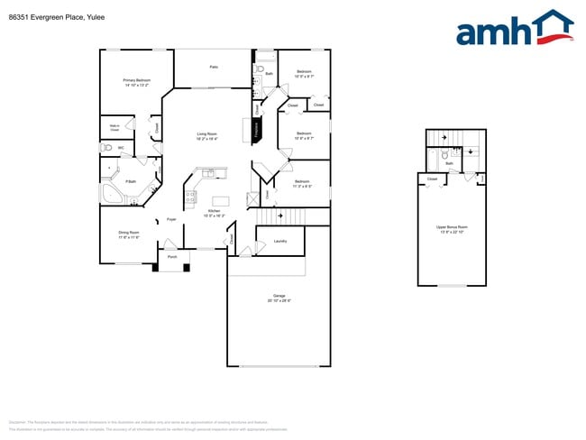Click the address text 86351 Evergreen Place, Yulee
50,14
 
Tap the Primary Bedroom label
137,82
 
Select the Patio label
214,67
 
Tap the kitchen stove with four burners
190,196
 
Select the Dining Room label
129,234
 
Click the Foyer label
171,219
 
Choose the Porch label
172,257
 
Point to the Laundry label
280,241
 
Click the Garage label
279,298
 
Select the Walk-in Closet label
114,128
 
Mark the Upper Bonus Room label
452,229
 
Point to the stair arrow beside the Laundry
281,216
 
